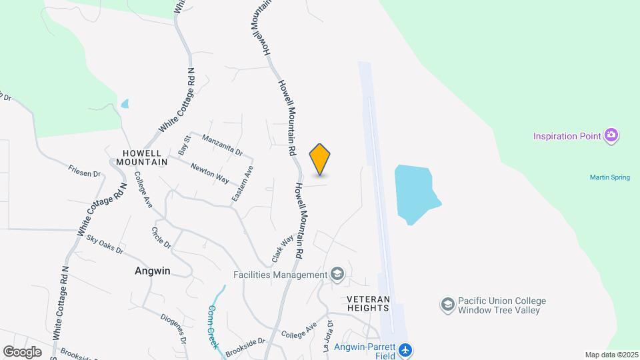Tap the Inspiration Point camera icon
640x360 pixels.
pos(611,136)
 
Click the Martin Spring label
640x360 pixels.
pos(610,177)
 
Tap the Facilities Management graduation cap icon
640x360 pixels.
pos(338,274)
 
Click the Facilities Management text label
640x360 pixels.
pos(280,275)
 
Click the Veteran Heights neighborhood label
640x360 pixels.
pos(368,303)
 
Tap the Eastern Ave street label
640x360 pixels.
pos(243,185)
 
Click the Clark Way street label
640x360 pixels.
pos(283,248)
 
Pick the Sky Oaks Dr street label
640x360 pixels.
pos(105,245)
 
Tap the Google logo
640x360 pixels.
pos(23,351)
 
